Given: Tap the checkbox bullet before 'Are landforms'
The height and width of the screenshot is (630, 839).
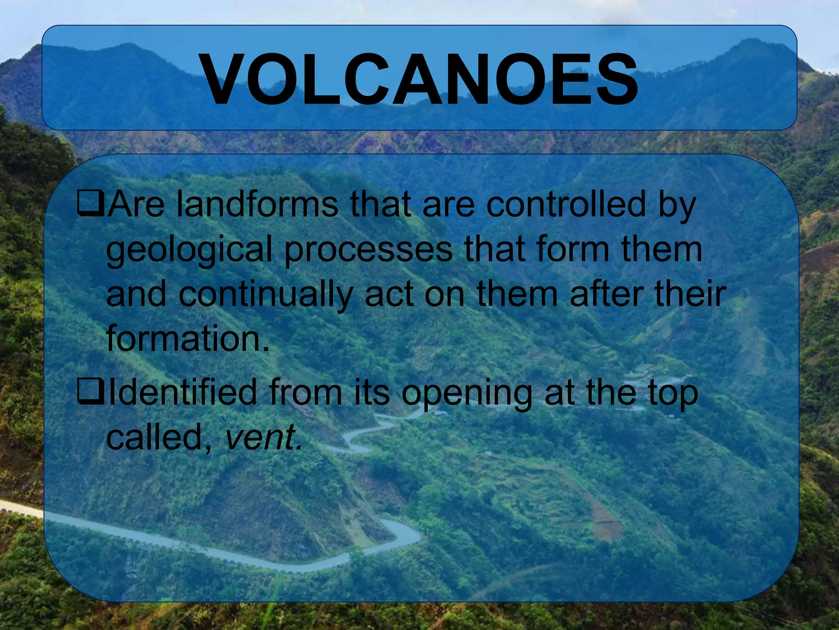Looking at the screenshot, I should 91,203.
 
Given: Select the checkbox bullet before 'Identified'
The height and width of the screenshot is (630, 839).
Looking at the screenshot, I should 91,392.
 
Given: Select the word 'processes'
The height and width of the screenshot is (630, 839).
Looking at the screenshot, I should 368,250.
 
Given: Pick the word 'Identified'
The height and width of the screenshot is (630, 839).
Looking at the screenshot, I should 182,392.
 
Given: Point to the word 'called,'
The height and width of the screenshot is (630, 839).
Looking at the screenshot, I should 159,437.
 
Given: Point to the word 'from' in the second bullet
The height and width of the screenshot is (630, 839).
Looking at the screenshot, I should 306,392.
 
